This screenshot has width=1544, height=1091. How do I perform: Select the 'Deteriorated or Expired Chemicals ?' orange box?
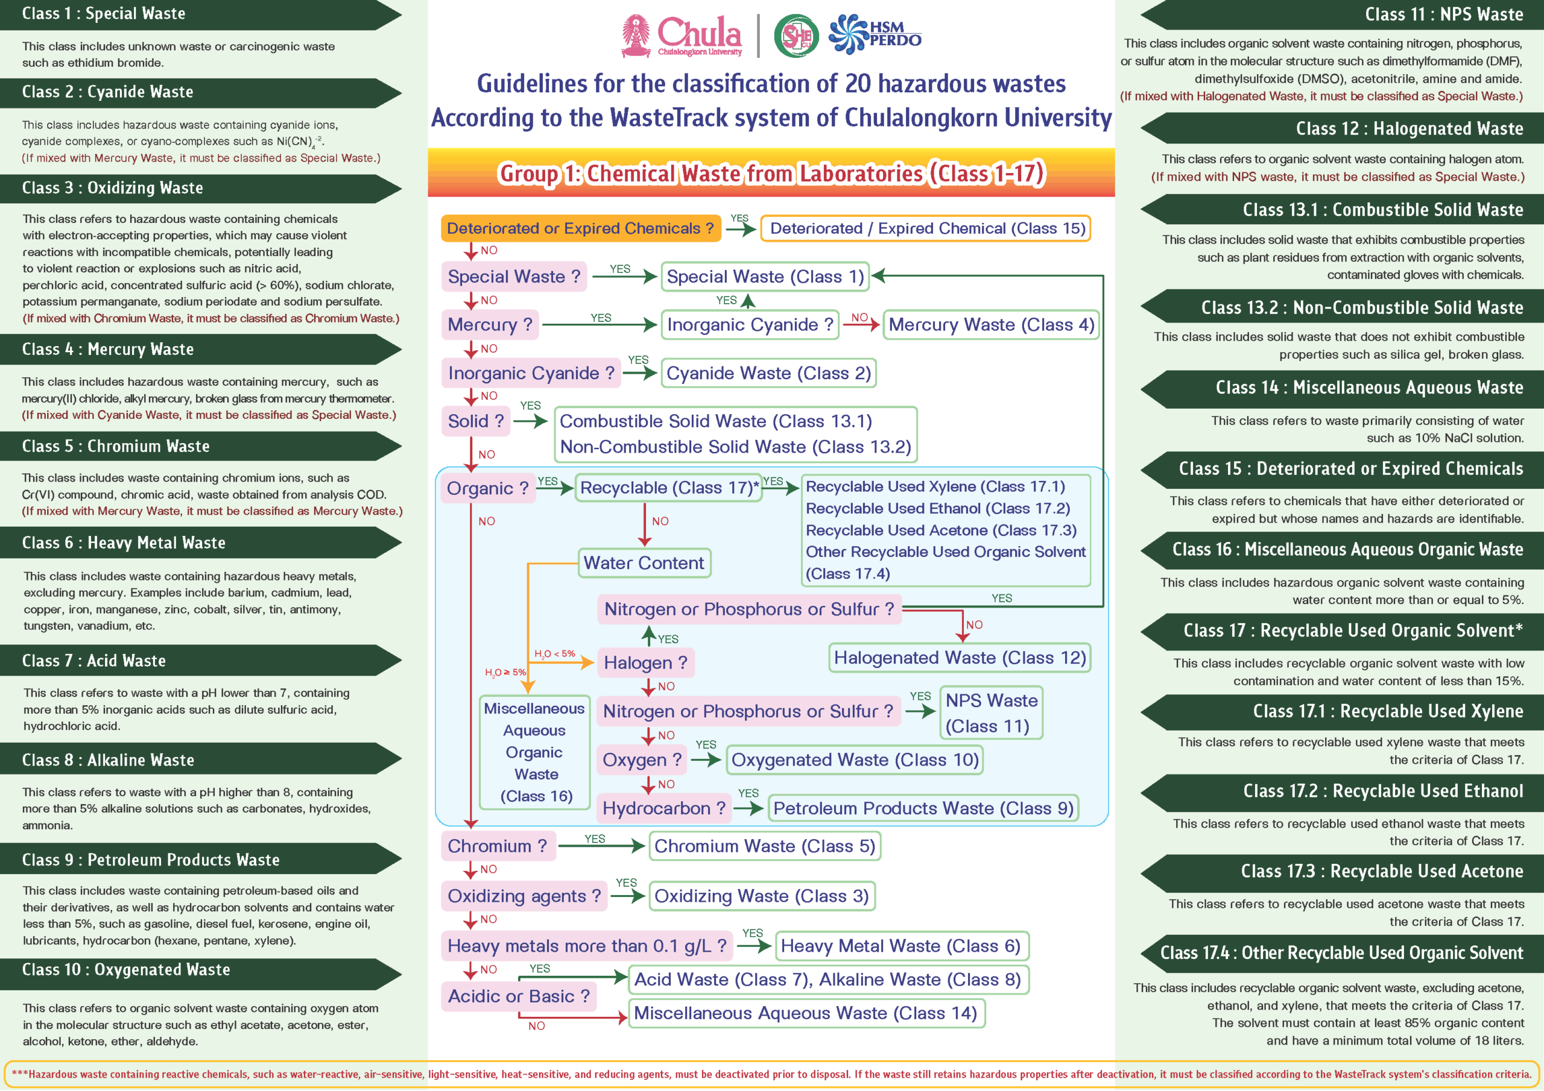tap(580, 228)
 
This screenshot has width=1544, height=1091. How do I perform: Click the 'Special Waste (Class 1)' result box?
tap(765, 276)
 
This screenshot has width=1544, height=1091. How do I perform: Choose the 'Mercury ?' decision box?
tap(490, 325)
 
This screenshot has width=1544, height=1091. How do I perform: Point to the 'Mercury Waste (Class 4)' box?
tap(990, 325)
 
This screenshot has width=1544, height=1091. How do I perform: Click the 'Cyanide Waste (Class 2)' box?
tap(768, 373)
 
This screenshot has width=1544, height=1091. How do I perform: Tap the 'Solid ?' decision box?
tap(475, 421)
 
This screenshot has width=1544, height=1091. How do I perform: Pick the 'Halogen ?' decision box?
tap(645, 663)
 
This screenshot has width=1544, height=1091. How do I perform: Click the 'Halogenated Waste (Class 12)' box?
tap(960, 658)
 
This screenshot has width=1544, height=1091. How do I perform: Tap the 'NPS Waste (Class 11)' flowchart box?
tap(990, 713)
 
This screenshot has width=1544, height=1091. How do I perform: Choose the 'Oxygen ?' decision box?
tap(642, 760)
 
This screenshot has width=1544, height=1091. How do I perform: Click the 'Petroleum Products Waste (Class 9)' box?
tap(923, 808)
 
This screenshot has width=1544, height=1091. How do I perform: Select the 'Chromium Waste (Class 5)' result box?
tap(764, 846)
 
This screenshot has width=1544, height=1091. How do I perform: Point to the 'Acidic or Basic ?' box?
tap(519, 996)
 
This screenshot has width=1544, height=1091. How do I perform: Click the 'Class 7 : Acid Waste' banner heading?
tap(94, 661)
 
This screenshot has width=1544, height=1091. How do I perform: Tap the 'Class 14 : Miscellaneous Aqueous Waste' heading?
tap(1368, 388)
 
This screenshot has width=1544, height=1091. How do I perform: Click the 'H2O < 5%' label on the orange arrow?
tap(554, 653)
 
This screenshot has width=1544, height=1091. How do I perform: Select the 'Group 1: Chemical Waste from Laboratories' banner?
tap(771, 174)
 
